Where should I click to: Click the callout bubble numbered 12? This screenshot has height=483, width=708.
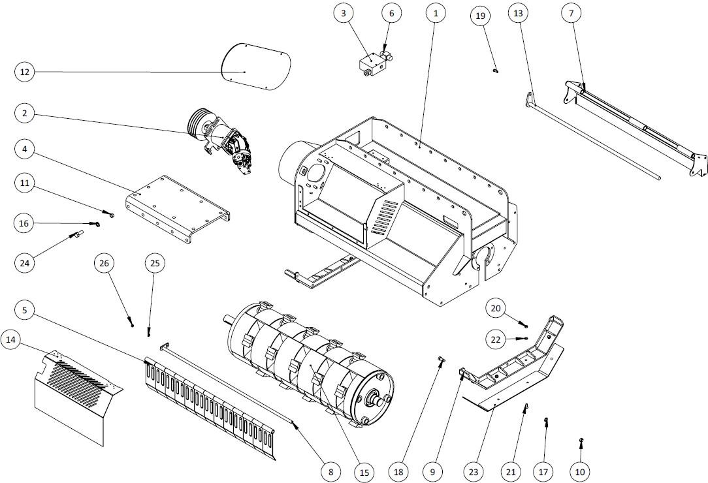(x=25, y=72)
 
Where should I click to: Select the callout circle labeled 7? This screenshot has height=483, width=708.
(x=571, y=14)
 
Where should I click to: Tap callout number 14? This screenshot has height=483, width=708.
(x=11, y=340)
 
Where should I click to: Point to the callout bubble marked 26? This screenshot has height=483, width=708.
(x=104, y=264)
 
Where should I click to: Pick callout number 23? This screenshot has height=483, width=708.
(x=474, y=472)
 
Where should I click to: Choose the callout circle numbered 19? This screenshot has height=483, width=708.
(x=481, y=16)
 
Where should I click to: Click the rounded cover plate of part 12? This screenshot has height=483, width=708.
(x=255, y=67)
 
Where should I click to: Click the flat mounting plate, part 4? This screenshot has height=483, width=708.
(x=178, y=209)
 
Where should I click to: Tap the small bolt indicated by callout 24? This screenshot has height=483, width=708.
(x=75, y=235)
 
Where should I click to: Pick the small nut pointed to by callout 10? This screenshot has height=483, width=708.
(x=581, y=439)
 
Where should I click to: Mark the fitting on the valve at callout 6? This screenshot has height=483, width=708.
(x=387, y=56)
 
